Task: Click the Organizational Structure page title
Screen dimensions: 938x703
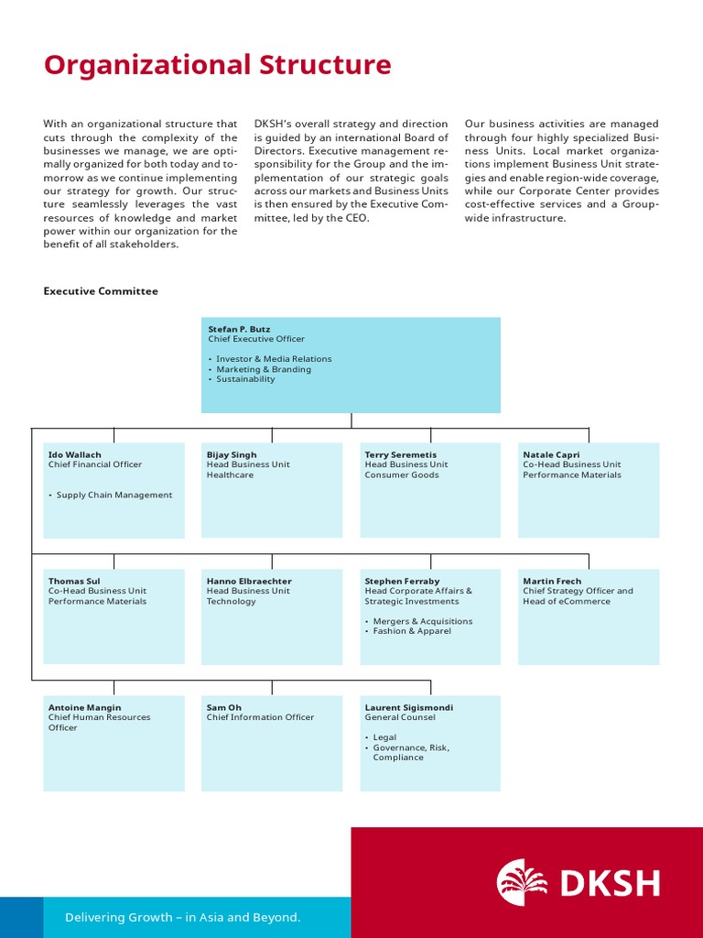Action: pos(218,66)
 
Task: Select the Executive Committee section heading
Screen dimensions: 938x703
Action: pos(101,291)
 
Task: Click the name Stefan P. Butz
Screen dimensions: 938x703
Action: pos(238,329)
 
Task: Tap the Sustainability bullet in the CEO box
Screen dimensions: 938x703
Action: pos(244,379)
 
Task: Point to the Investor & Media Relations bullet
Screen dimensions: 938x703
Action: pos(273,359)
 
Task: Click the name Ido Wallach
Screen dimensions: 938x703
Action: pos(75,454)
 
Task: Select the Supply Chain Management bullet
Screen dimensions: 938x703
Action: pos(114,496)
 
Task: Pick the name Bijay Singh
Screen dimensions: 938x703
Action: pos(232,454)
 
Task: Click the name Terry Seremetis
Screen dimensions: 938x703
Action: pos(401,454)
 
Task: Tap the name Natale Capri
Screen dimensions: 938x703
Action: pos(551,454)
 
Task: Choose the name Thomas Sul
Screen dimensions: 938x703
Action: pos(74,581)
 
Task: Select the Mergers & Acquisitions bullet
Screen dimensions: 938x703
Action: pos(422,621)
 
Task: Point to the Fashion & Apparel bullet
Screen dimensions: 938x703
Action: pos(411,631)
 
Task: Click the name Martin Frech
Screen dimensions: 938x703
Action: pos(552,581)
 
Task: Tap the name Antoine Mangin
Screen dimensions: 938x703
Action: pos(84,707)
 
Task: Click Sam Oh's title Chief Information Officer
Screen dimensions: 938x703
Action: pos(260,717)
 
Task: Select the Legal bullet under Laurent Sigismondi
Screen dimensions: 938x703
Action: pos(384,737)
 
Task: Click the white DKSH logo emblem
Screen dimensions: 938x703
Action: pos(523,883)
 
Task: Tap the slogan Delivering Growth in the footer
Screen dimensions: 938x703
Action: pos(182,917)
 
